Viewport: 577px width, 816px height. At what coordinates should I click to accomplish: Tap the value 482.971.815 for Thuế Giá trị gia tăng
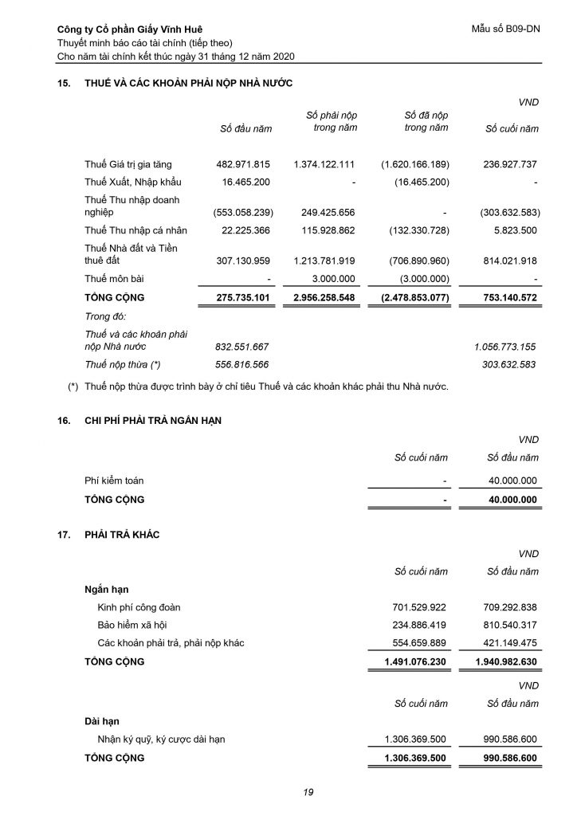[x=243, y=164]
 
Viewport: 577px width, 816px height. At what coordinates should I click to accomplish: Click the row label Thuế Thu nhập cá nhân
[x=135, y=230]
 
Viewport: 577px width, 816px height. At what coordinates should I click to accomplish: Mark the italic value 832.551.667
[x=242, y=347]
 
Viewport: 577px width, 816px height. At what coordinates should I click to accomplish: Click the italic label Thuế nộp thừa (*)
[x=123, y=364]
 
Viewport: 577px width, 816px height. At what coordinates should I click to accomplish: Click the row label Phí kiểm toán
[x=114, y=481]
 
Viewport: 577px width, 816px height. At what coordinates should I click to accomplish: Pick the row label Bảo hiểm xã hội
[x=132, y=624]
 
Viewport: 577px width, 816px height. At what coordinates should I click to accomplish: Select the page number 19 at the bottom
[x=308, y=791]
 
